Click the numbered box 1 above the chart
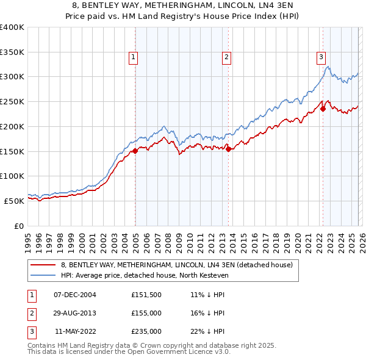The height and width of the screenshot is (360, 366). pos(133,57)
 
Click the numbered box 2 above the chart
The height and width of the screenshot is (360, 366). pos(226,57)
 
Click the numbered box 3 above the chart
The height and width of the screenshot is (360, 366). pos(320,57)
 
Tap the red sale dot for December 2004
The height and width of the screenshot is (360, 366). pos(135,151)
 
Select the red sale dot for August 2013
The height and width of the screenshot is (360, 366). pos(229,149)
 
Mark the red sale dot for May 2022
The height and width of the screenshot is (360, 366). pos(323,109)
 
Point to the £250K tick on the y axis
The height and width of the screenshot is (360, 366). pos(12,101)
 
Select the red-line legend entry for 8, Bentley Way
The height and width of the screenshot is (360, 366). pos(177,265)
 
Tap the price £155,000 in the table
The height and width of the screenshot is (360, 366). pos(146,313)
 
